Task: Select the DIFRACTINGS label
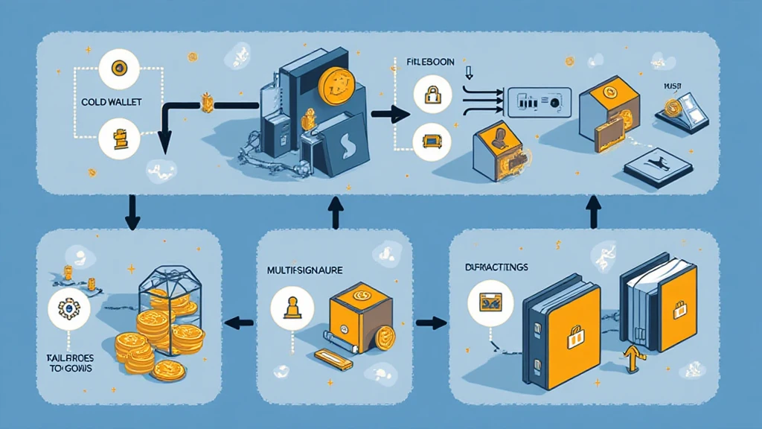[496, 267]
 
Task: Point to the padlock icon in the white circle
[432, 95]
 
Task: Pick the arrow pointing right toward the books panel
[432, 322]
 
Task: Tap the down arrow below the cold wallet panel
[132, 212]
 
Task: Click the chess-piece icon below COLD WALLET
[117, 139]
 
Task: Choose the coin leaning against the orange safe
[383, 339]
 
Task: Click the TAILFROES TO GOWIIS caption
[65, 363]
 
